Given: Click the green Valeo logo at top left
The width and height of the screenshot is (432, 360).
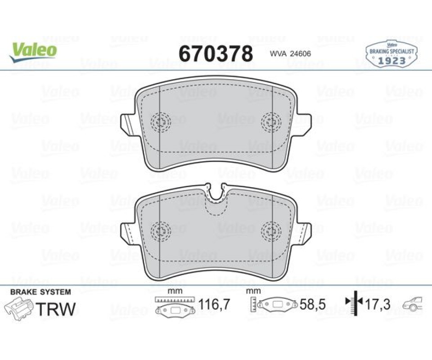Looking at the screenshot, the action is click(33, 51).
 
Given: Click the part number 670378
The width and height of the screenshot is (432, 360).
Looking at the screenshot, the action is click(216, 54).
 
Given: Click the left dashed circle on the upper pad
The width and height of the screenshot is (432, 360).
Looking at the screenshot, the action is click(161, 121).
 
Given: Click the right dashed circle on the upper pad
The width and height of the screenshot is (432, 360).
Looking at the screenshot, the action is click(271, 121).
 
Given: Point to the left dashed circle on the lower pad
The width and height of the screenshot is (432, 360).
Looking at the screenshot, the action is click(161, 231).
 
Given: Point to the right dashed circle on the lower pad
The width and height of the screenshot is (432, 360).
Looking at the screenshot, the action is click(271, 231).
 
